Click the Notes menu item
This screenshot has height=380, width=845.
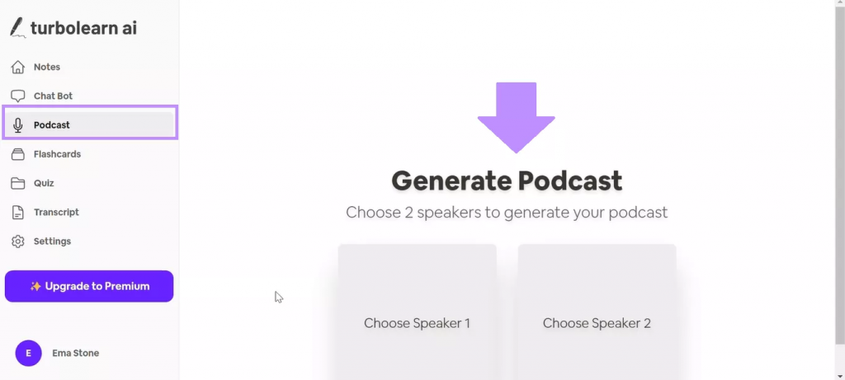point(47,68)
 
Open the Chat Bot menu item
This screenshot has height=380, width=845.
point(53,96)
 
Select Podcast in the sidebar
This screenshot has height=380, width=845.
point(52,125)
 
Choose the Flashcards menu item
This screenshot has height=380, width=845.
point(57,154)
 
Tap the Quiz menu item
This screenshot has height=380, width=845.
point(44,184)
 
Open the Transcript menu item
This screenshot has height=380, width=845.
point(56,213)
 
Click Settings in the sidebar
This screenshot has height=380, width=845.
point(52,242)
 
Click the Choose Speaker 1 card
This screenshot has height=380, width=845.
point(417,312)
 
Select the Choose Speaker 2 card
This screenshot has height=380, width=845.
point(597,312)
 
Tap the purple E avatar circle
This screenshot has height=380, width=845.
point(29,353)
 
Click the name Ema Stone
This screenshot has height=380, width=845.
point(75,353)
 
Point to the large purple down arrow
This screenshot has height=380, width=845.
point(517,117)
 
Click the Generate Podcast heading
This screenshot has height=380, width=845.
point(507,181)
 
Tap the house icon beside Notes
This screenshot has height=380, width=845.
point(18,68)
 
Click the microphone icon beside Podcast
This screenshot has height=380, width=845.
point(18,125)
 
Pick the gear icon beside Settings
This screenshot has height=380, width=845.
point(18,242)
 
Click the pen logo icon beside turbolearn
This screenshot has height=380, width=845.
point(18,27)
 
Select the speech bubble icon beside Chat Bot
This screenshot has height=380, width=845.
point(18,96)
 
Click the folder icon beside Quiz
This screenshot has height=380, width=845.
point(18,184)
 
